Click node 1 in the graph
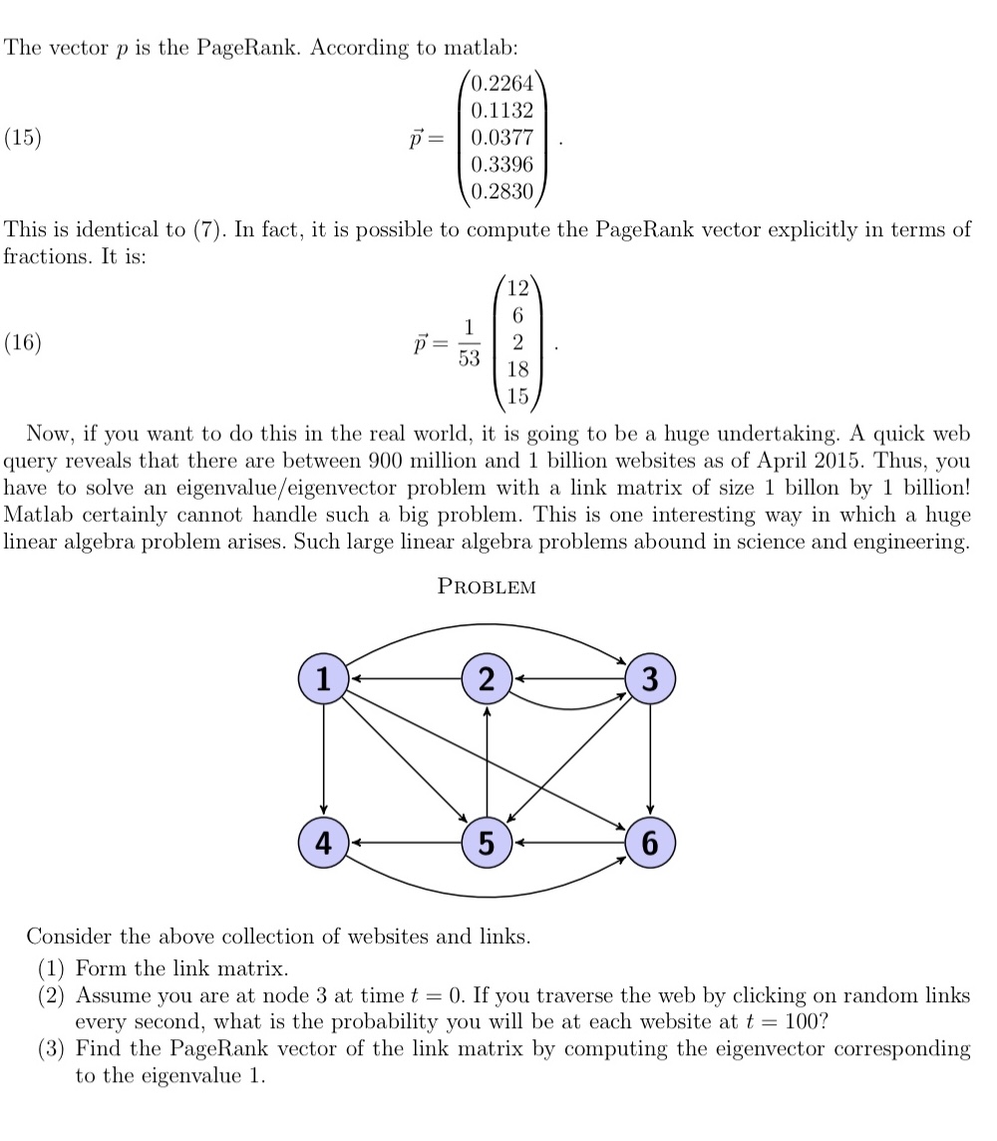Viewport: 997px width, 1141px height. pyautogui.click(x=323, y=678)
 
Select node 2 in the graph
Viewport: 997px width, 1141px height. pyautogui.click(x=487, y=678)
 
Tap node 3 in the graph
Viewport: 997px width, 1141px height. pyautogui.click(x=650, y=678)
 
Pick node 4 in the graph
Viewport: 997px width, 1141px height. pyautogui.click(x=323, y=842)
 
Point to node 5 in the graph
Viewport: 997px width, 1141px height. pyautogui.click(x=487, y=842)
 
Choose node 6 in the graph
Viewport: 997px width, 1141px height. pyautogui.click(x=650, y=842)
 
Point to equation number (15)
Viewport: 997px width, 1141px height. pyautogui.click(x=23, y=138)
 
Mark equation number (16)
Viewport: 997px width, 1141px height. pyautogui.click(x=23, y=343)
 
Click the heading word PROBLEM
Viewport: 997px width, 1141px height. pyautogui.click(x=487, y=587)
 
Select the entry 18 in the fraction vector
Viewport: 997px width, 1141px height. pyautogui.click(x=517, y=370)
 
